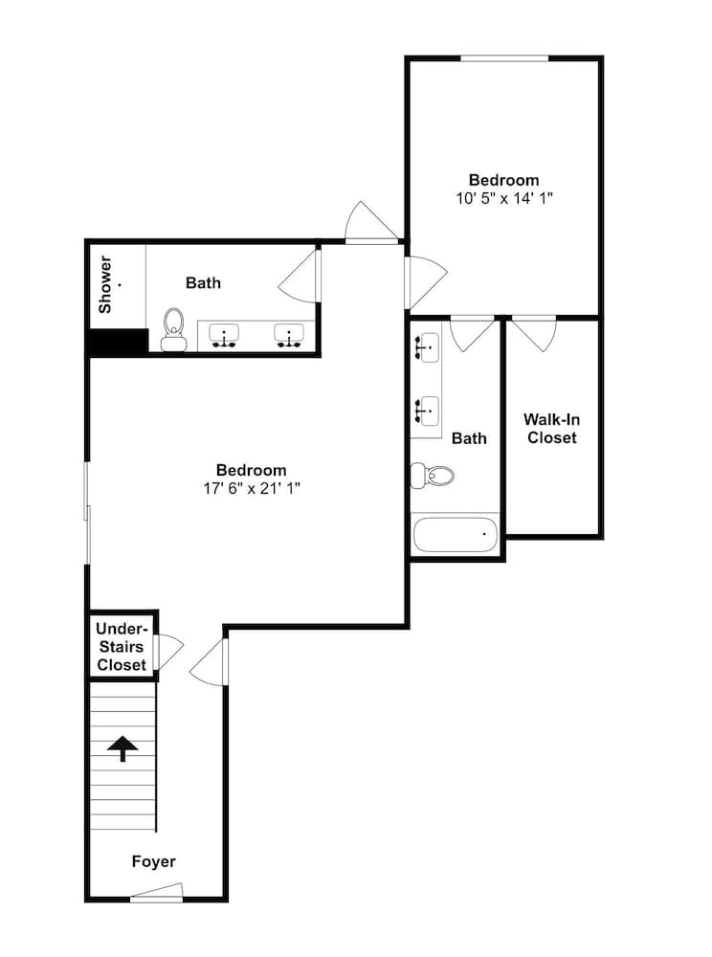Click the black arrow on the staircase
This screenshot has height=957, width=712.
coord(122,748)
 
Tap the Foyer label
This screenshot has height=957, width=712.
coord(154,861)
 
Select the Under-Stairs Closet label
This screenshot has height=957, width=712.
coord(122,647)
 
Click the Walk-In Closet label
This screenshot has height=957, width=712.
coord(551,429)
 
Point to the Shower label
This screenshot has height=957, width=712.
coord(105,284)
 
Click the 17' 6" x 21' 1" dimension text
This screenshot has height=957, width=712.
coord(252,488)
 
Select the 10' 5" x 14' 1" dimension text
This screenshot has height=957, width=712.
coord(504,198)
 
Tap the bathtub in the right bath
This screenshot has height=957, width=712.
coord(456,535)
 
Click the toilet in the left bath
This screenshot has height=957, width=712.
coord(173,329)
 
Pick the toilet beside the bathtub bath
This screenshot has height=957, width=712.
coord(433,476)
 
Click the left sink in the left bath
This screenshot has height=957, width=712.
coord(224,336)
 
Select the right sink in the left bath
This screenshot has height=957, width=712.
coord(289,336)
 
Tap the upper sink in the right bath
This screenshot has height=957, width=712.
coord(427,348)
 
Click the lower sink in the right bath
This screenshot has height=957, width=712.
coord(427,412)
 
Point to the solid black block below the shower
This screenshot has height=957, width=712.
coord(118,342)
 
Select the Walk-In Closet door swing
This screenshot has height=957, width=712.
coord(534,334)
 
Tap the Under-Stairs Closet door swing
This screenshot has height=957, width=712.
coord(169,652)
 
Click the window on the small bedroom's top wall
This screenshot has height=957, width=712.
coord(504,58)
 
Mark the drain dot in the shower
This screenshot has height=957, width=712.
coord(120,284)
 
